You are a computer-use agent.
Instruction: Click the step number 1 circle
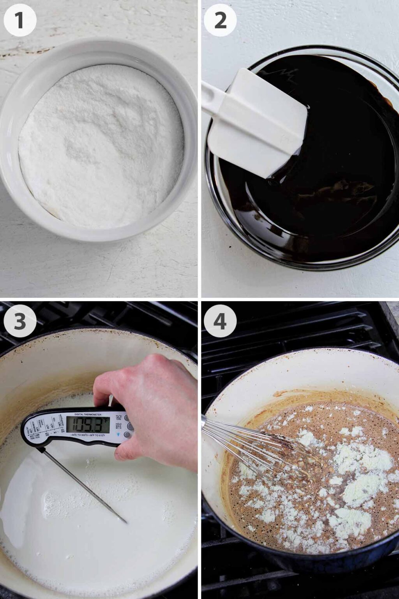click(20, 20)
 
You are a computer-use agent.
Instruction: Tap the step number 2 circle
click(220, 20)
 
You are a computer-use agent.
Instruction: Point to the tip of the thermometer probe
click(125, 522)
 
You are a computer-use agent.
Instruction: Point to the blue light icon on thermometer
click(118, 434)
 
